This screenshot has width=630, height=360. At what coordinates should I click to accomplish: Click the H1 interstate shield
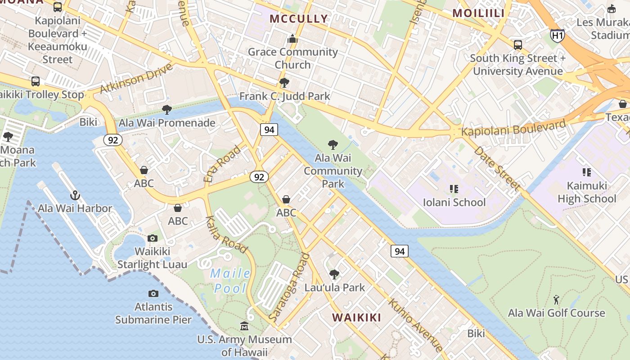click(557, 36)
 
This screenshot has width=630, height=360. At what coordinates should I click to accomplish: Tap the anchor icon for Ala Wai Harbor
click(75, 195)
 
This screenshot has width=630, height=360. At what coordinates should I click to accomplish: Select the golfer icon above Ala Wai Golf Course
click(556, 300)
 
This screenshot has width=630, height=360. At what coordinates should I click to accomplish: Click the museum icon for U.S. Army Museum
click(244, 326)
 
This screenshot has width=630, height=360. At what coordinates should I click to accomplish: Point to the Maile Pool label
click(231, 281)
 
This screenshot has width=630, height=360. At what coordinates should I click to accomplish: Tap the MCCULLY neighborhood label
click(299, 19)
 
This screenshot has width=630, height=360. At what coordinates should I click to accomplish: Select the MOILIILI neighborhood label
click(478, 13)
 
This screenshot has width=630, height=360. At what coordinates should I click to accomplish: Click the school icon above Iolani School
click(454, 189)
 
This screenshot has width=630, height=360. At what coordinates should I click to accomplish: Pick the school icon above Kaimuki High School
click(586, 172)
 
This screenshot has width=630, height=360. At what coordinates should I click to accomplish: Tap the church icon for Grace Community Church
click(292, 39)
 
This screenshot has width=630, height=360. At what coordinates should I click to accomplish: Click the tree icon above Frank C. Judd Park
click(284, 83)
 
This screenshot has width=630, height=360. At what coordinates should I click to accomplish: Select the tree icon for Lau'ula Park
click(334, 274)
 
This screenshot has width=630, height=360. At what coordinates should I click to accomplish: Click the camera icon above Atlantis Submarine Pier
click(153, 293)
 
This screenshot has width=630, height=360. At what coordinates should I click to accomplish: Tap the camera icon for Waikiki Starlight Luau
click(153, 238)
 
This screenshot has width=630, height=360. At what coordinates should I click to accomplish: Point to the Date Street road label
click(497, 167)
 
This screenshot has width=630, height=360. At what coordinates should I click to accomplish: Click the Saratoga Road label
click(289, 288)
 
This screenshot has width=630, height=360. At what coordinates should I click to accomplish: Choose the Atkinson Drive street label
click(136, 78)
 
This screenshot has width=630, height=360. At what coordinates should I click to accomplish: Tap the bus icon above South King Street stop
click(518, 45)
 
